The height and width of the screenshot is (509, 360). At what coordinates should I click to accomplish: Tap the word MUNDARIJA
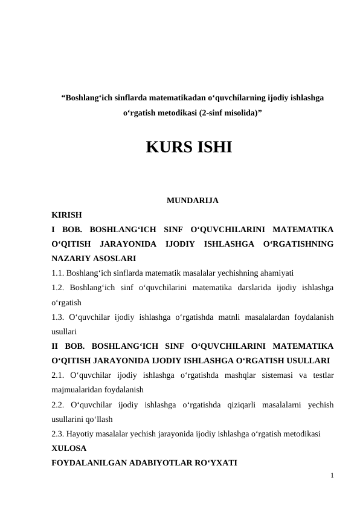click(192, 200)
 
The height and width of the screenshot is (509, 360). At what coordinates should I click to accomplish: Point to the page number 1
click(332, 476)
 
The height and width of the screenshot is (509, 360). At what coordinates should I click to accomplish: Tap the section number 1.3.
click(59, 317)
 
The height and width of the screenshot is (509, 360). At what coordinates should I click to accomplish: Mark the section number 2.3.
click(59, 434)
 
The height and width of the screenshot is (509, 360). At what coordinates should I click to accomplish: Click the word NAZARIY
click(70, 259)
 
